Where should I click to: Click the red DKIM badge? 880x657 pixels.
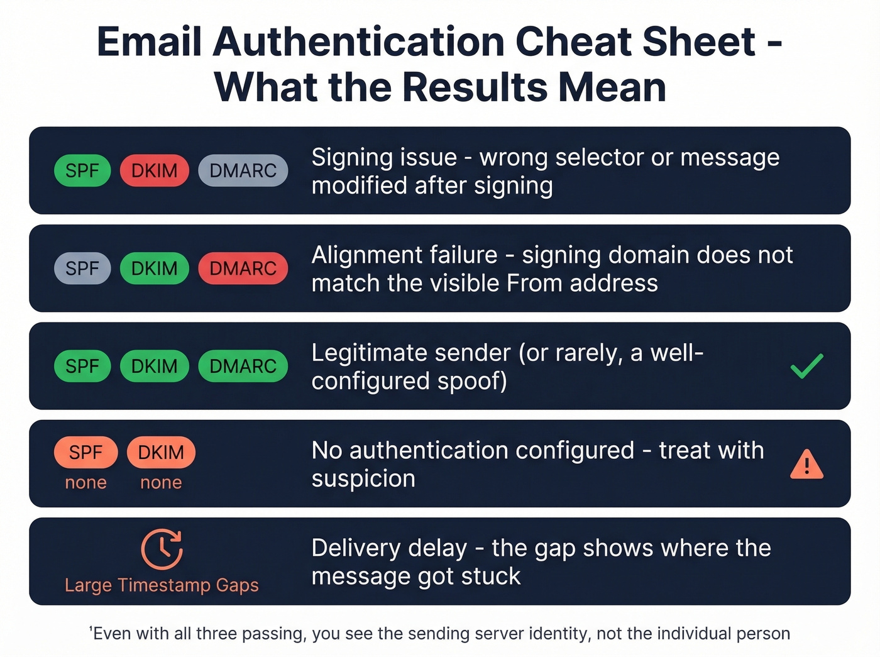pyautogui.click(x=154, y=170)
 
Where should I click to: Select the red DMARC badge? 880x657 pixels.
pyautogui.click(x=243, y=268)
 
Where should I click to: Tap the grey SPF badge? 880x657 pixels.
pyautogui.click(x=82, y=268)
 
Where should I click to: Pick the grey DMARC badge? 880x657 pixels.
pyautogui.click(x=243, y=170)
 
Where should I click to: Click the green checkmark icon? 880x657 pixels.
pyautogui.click(x=806, y=366)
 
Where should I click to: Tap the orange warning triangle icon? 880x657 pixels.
pyautogui.click(x=806, y=465)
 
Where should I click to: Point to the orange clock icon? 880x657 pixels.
pyautogui.click(x=162, y=549)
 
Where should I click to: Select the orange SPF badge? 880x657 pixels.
pyautogui.click(x=85, y=452)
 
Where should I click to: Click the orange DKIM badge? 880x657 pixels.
pyautogui.click(x=161, y=452)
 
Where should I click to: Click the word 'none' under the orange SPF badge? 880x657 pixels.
pyautogui.click(x=85, y=482)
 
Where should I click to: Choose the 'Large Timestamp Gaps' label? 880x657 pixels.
pyautogui.click(x=162, y=585)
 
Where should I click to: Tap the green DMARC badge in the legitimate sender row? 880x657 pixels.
pyautogui.click(x=243, y=366)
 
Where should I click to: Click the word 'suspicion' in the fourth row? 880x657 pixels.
pyautogui.click(x=363, y=479)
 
